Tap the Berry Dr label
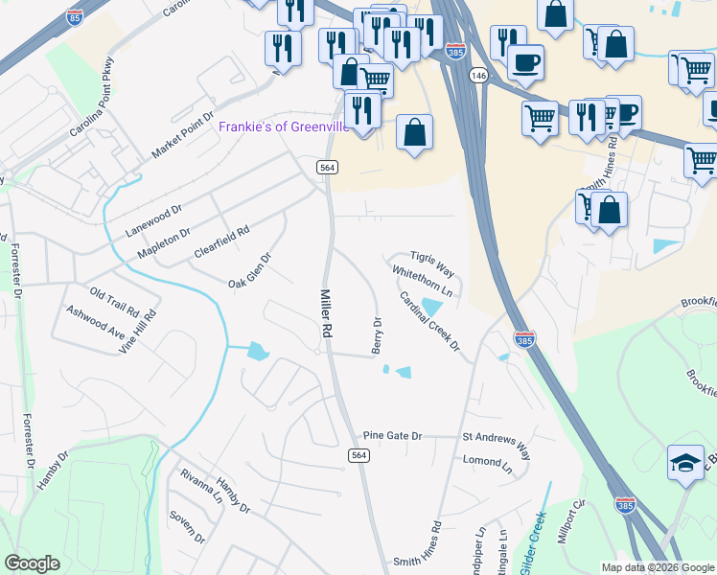click(377, 333)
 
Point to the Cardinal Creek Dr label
click(430, 320)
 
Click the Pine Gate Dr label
click(387, 436)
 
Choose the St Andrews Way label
click(496, 447)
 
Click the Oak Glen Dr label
click(250, 270)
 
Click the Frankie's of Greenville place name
click(284, 127)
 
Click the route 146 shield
click(478, 74)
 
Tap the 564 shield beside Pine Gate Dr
click(358, 455)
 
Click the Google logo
click(32, 563)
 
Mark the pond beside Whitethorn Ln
click(432, 307)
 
